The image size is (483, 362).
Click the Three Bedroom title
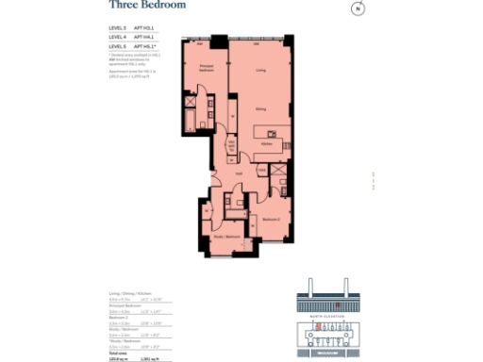[x=147, y=6]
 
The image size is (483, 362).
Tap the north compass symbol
[x=358, y=9]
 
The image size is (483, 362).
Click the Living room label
[x=259, y=70]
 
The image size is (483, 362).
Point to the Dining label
[x=259, y=109]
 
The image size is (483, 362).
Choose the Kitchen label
[x=267, y=144]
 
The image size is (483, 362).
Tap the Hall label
[x=240, y=173]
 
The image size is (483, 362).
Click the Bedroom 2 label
[x=270, y=219]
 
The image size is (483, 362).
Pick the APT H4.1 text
[x=143, y=37]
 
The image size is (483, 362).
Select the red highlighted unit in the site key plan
[x=321, y=326]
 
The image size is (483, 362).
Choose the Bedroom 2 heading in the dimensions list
[x=119, y=317]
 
